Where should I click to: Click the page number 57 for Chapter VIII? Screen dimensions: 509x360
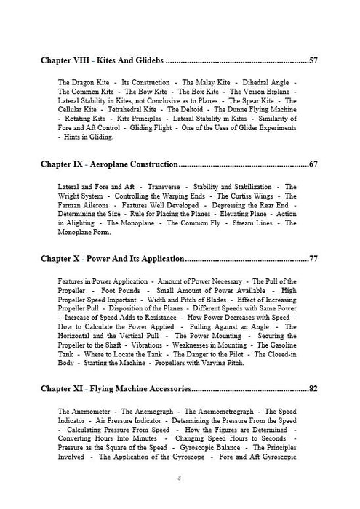click(x=313, y=60)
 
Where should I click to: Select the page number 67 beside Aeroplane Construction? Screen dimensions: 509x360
click(x=313, y=164)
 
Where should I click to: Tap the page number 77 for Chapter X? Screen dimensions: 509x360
click(x=313, y=259)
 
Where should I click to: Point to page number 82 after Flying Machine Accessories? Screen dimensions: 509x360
click(x=313, y=389)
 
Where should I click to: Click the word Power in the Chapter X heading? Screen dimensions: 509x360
click(x=99, y=259)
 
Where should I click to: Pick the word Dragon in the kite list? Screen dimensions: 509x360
click(x=87, y=83)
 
